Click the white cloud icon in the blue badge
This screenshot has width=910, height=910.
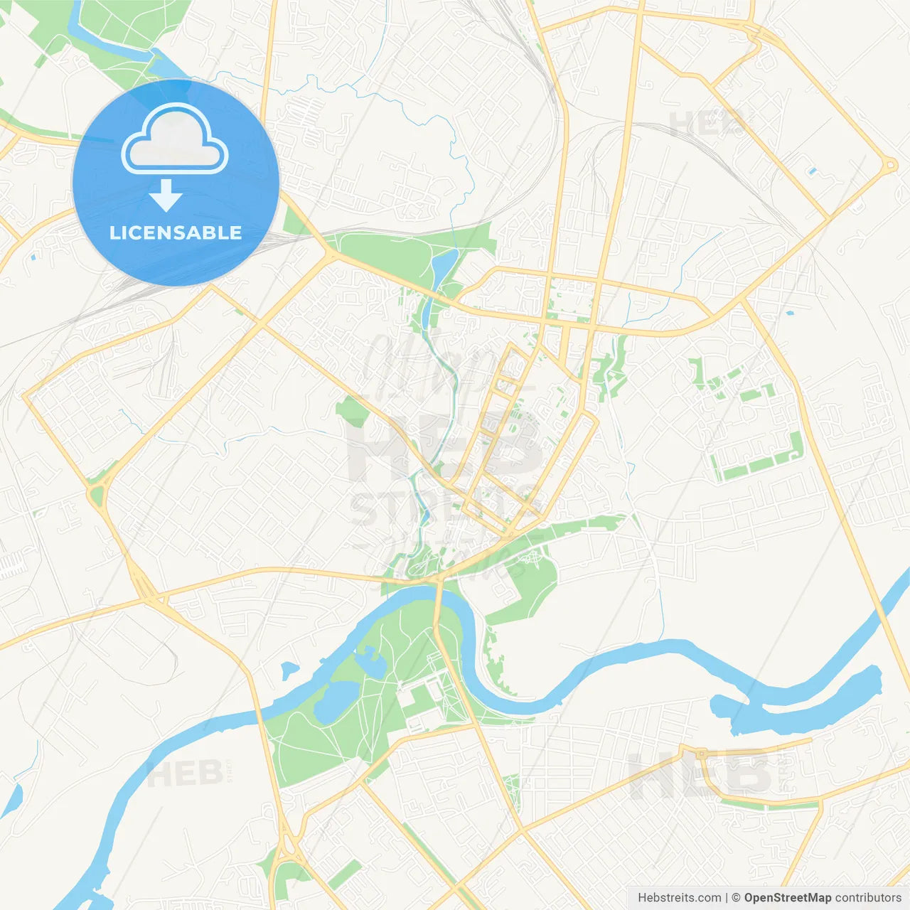pos(175,139)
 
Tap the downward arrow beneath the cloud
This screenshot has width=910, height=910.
pos(166,196)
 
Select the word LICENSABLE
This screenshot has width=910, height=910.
pos(176,232)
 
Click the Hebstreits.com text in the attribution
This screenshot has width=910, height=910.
pos(679,898)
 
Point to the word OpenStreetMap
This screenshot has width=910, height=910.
pos(788,898)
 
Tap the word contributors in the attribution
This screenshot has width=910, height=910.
pos(868,898)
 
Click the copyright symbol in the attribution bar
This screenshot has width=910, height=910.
pos(736,898)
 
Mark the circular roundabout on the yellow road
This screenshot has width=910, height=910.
pos(889,166)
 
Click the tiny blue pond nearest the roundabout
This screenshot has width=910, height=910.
pos(812,171)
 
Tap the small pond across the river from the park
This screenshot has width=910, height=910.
pos(289,670)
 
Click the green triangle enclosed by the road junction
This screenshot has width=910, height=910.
pos(97,495)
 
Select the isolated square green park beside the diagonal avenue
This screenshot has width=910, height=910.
pos(351,412)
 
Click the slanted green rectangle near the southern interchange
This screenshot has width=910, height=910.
pos(345,874)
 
